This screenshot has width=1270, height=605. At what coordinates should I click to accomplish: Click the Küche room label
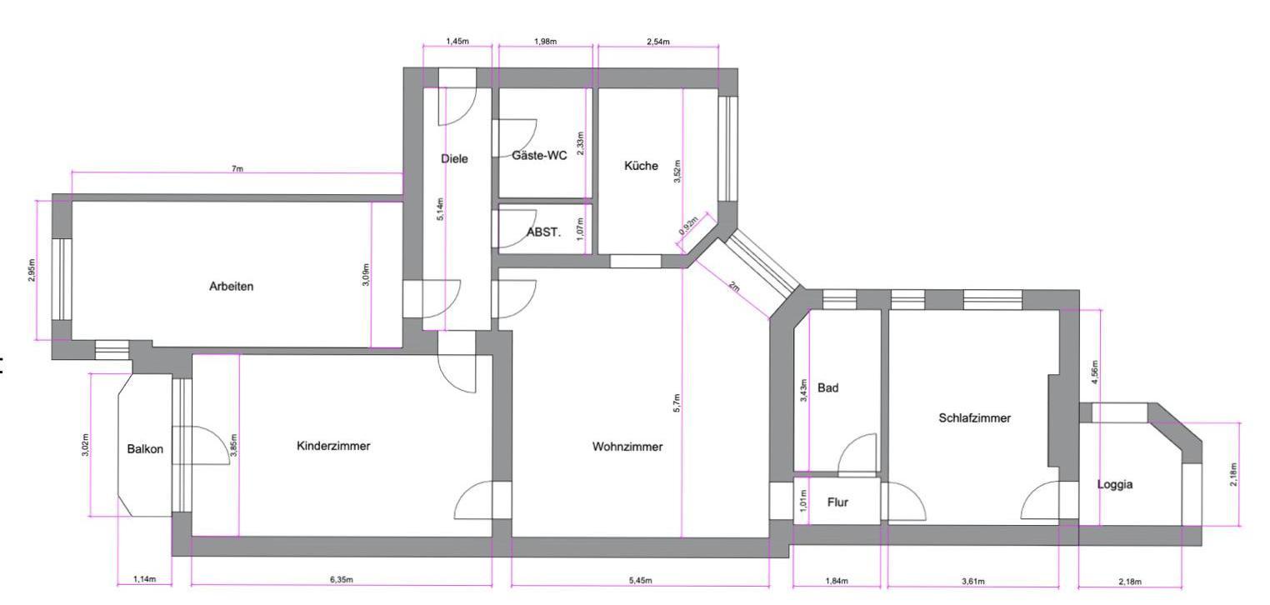641,166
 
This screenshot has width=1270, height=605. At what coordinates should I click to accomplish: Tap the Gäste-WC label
539,155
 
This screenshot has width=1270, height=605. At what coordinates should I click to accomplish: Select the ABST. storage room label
543,232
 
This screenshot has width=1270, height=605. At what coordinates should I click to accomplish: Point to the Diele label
454,159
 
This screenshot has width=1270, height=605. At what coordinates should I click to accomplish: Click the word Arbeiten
232,287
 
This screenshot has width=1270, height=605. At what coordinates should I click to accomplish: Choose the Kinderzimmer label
333,446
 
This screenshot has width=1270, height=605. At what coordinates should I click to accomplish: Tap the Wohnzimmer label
627,447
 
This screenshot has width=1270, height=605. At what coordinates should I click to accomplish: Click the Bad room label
827,387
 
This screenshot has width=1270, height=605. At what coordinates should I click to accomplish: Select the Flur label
837,502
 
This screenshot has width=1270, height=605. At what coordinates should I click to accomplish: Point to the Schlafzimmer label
975,417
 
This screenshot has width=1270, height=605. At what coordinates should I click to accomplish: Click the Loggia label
1115,484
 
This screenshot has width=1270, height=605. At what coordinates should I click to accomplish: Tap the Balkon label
145,449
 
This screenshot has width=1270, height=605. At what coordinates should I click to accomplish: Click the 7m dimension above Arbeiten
237,168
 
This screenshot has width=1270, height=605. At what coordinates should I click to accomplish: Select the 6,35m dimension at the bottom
342,580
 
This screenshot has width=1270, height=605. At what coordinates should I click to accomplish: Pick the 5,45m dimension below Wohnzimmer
640,580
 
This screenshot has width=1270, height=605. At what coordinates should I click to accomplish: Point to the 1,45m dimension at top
457,42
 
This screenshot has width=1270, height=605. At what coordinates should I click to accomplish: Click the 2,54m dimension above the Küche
657,42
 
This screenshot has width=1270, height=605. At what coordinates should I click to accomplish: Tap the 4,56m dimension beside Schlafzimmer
1095,372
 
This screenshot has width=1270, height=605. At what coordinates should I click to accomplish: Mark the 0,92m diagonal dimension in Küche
687,225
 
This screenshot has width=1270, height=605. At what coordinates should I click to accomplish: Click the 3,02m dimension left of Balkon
85,445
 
